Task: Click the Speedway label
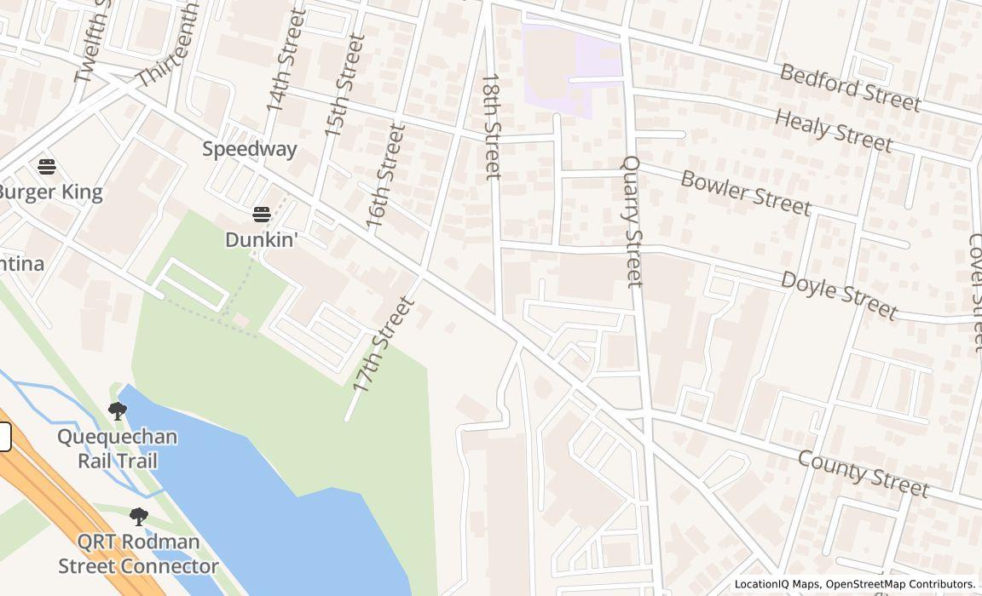(x=249, y=149)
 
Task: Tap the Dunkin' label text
(x=261, y=240)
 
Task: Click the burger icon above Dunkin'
(x=261, y=214)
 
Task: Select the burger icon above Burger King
(x=47, y=166)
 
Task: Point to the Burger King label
(x=51, y=192)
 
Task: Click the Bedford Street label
(x=850, y=87)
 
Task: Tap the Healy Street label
(x=833, y=130)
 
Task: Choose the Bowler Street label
(x=745, y=192)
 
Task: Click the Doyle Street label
(x=839, y=295)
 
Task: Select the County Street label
(x=863, y=473)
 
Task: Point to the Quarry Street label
(x=633, y=221)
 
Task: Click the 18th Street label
(x=492, y=126)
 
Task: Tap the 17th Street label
(x=383, y=345)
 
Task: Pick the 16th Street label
(x=385, y=176)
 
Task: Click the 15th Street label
(x=344, y=85)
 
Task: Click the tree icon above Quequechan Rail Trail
(x=118, y=412)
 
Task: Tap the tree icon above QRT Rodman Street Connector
(x=138, y=516)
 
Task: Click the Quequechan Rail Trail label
(x=118, y=449)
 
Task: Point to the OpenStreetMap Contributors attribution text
(x=900, y=584)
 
